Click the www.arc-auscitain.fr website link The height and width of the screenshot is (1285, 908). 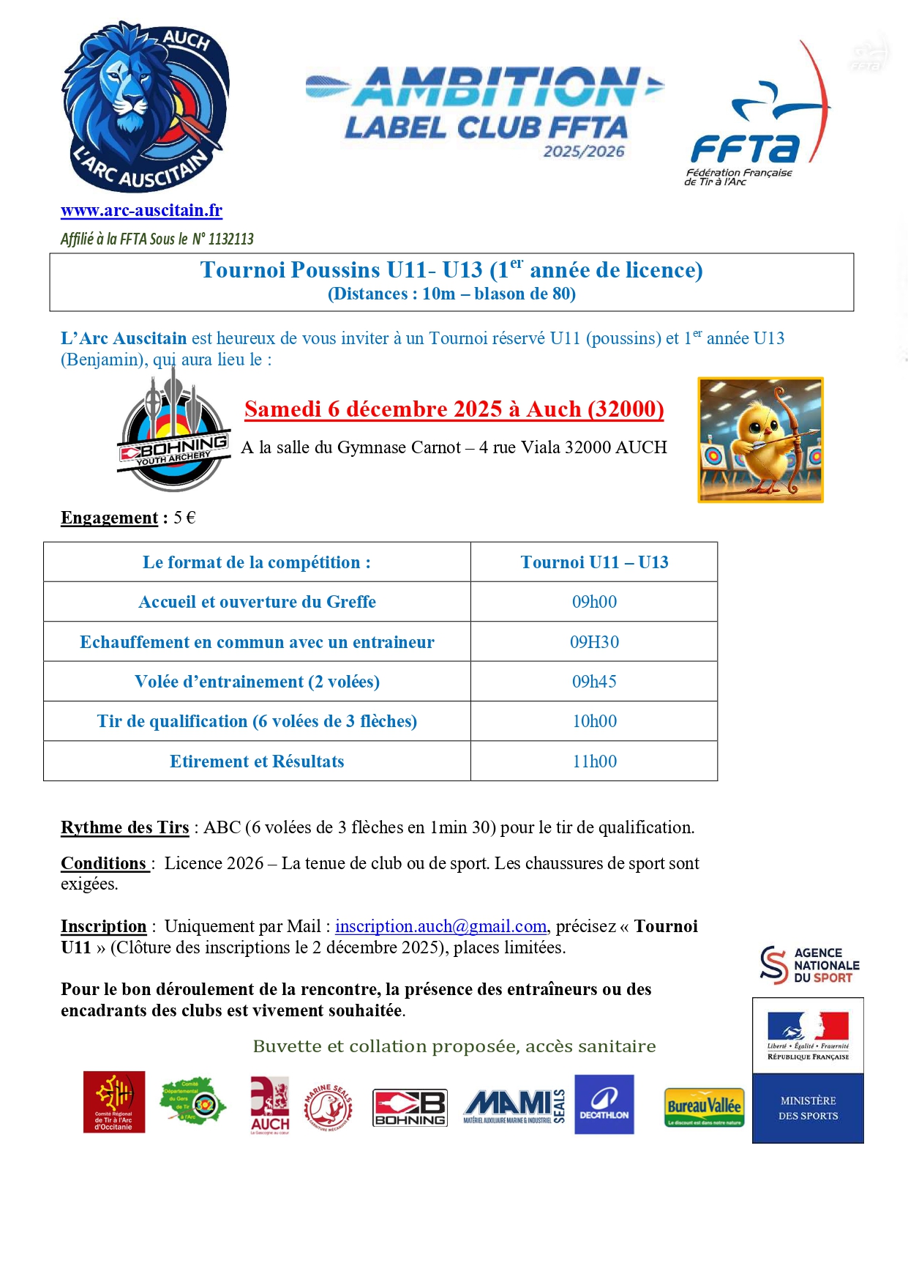141,211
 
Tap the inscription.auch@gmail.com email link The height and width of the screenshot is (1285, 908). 440,926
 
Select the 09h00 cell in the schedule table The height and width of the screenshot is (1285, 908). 594,602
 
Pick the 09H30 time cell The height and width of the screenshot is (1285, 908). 594,642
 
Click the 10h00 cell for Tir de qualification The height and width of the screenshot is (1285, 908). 594,721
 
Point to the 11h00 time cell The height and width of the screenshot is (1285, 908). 594,761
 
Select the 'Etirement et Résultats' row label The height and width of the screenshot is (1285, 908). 257,761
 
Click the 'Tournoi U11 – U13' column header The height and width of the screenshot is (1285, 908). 594,562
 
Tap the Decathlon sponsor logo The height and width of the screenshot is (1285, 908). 604,1104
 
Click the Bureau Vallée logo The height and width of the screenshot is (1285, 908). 704,1107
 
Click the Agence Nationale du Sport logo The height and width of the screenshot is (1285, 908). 809,965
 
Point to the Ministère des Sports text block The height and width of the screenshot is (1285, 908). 808,1108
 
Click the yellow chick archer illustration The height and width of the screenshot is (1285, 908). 760,440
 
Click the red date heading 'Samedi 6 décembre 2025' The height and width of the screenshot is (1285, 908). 454,409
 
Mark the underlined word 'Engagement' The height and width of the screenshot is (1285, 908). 109,518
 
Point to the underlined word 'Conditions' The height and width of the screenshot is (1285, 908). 104,863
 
